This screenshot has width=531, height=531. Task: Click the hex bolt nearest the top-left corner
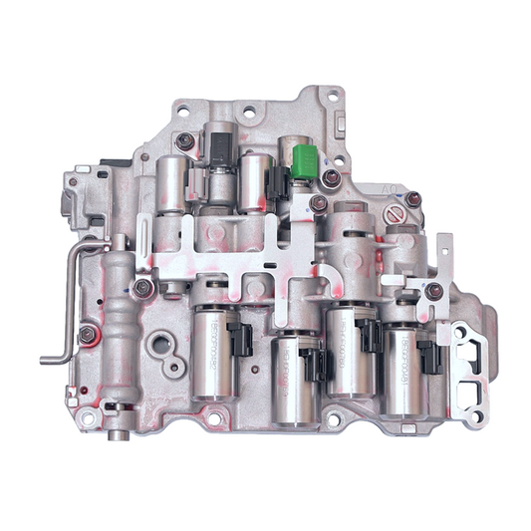coord(185,141)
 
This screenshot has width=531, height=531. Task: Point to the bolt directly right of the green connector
coord(331,178)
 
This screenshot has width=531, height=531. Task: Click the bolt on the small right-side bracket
coord(433,291)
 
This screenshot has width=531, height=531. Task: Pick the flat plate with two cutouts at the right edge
coord(466,364)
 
